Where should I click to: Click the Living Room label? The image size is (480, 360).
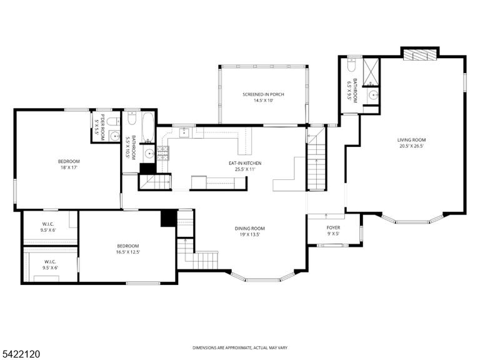pyautogui.click(x=411, y=140)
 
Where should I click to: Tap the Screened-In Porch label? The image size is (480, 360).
pyautogui.click(x=263, y=94)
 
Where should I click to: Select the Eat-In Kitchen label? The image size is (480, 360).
pyautogui.click(x=245, y=163)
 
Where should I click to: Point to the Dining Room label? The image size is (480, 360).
pyautogui.click(x=250, y=228)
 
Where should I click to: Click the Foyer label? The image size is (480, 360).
pyautogui.click(x=333, y=227)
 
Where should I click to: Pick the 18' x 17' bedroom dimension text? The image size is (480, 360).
pyautogui.click(x=69, y=167)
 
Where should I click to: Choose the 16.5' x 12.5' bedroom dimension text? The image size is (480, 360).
pyautogui.click(x=128, y=252)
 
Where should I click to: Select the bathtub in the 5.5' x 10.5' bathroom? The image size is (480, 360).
pyautogui.click(x=148, y=127)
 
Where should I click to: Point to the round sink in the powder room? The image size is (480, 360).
pyautogui.click(x=114, y=136)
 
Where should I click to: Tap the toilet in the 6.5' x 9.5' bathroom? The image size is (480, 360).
pyautogui.click(x=351, y=65)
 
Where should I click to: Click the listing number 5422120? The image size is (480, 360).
pyautogui.click(x=20, y=354)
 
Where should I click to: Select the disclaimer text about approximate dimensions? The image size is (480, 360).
pyautogui.click(x=240, y=347)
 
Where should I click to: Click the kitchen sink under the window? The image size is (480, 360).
pyautogui.click(x=184, y=132)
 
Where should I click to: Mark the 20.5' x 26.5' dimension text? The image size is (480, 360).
pyautogui.click(x=411, y=146)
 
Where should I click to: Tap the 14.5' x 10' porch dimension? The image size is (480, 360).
pyautogui.click(x=263, y=101)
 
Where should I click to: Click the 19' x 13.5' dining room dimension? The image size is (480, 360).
pyautogui.click(x=250, y=234)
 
